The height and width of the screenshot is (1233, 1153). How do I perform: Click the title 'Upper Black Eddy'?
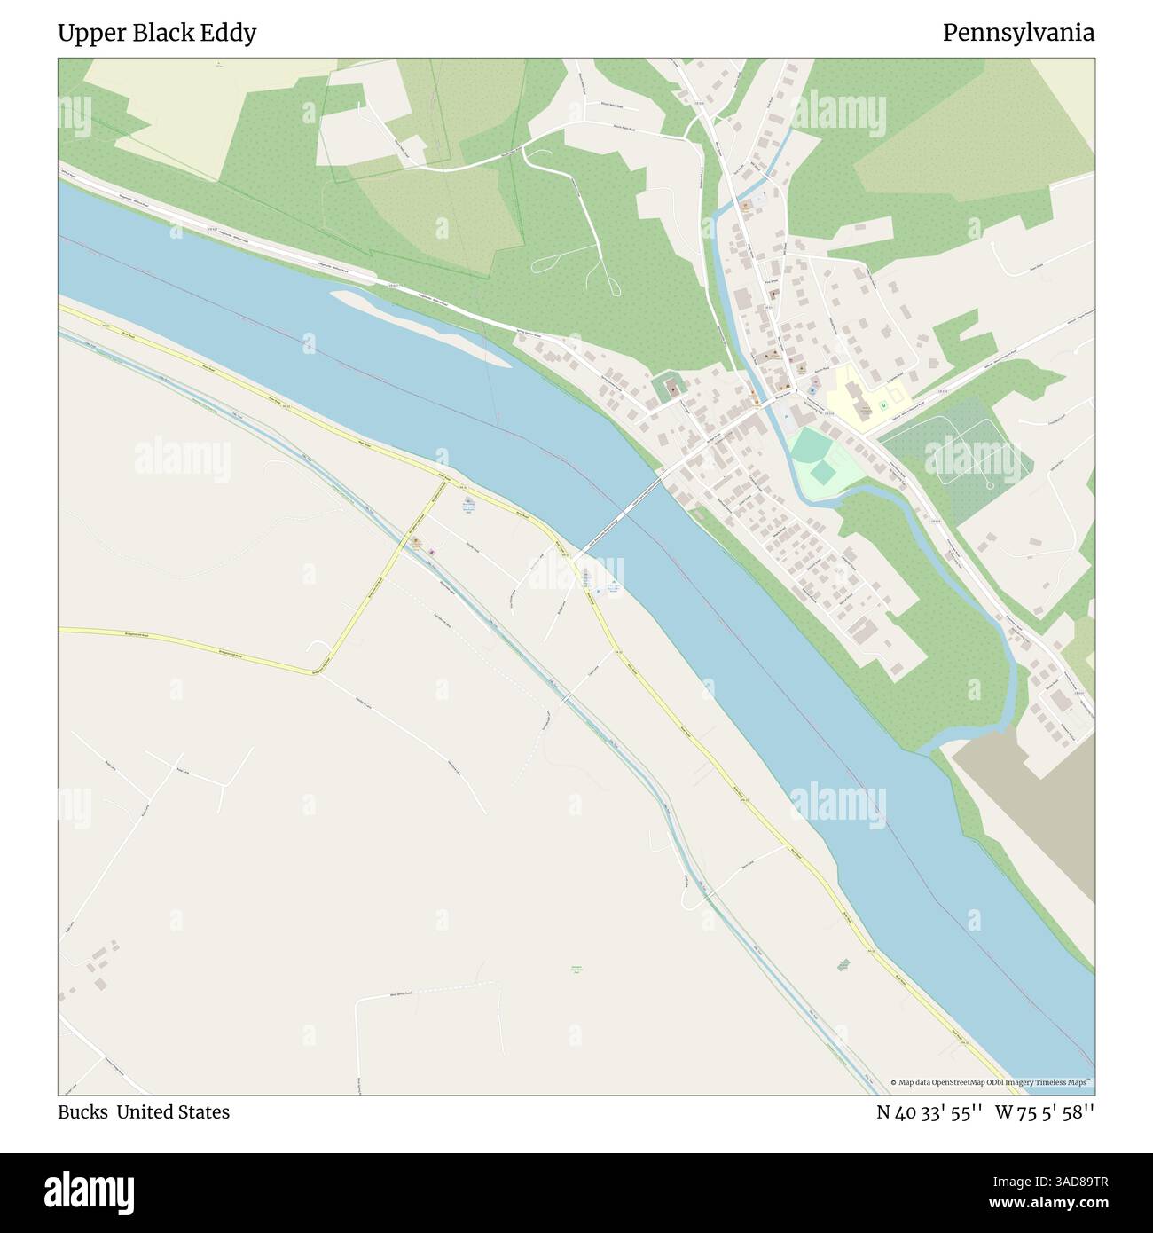coord(157,33)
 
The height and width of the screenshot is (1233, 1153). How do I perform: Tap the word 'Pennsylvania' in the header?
coord(1017,33)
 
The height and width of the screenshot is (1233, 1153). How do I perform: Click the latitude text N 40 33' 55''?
coord(929,1111)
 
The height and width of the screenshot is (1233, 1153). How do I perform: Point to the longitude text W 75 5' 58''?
coord(1045,1111)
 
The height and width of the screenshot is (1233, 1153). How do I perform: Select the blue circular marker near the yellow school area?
coord(811,390)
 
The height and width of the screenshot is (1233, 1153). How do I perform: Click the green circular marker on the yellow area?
coord(883,406)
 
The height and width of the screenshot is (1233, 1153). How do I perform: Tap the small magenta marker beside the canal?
coord(432,552)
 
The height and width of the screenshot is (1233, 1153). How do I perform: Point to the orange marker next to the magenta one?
coord(414,541)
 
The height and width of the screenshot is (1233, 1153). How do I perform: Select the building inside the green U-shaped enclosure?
coord(673,389)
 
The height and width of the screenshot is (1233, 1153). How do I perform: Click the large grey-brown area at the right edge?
coord(1029,825)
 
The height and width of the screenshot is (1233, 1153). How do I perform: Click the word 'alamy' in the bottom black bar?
coord(89,1191)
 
